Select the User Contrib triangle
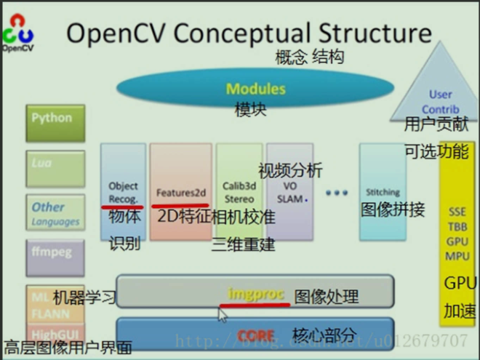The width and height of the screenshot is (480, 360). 441,101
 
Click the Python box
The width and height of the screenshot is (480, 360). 52,118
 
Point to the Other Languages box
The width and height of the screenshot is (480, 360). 53,213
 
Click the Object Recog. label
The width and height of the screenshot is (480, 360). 122,192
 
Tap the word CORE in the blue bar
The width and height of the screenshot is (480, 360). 255,336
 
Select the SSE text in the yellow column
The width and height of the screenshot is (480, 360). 457,212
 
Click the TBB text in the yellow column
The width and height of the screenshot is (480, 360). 457,227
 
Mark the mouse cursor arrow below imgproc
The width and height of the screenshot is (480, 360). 223,313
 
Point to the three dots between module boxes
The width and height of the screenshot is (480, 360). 336,193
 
